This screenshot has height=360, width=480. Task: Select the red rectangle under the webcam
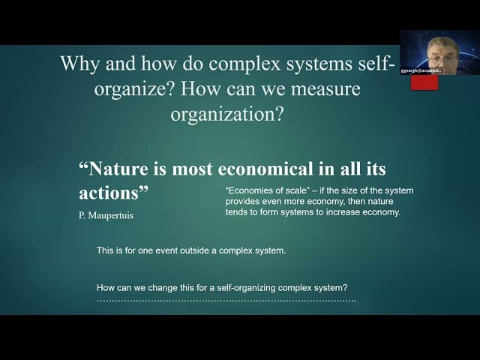[425, 82]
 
